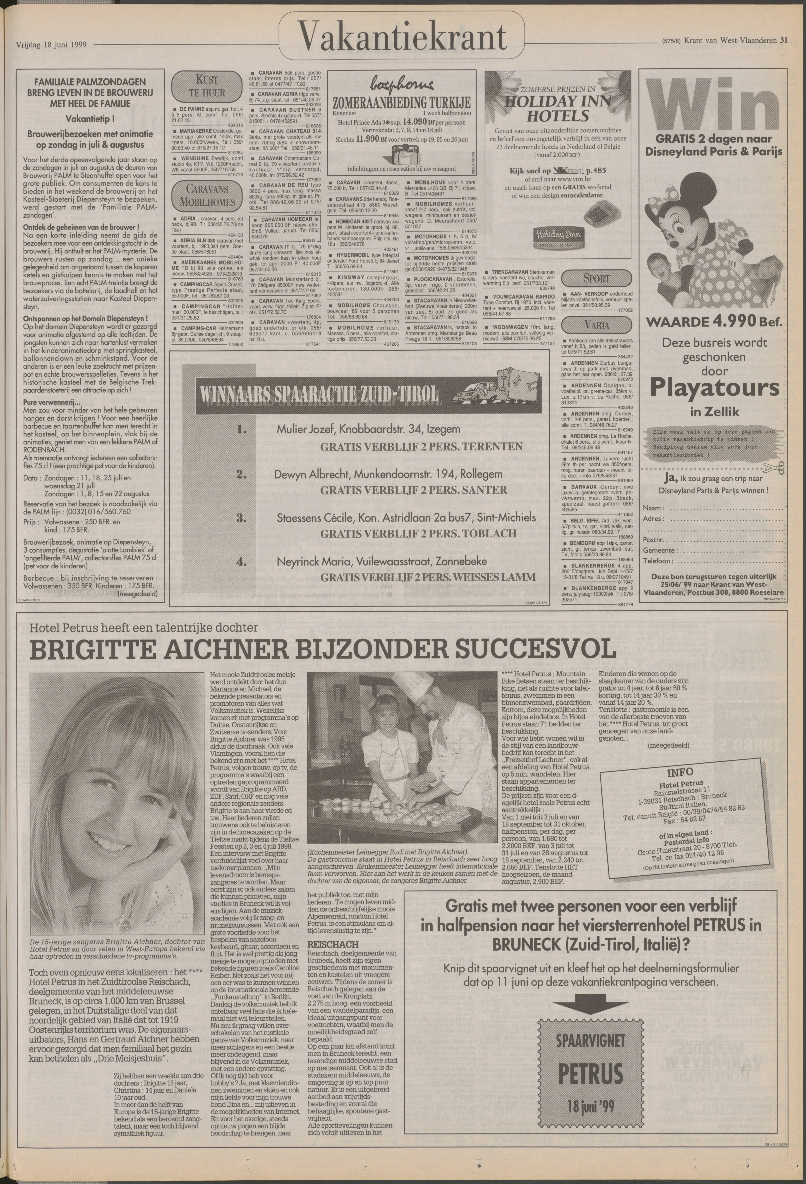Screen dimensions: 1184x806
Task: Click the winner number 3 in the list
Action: [x=241, y=519]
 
